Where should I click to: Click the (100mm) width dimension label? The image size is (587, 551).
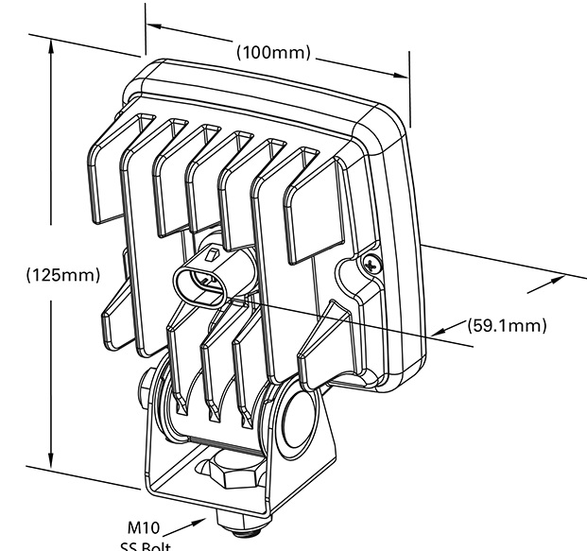coord(274,52)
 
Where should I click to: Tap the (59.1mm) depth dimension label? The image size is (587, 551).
coord(508,326)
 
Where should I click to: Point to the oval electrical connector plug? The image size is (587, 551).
coord(200,280)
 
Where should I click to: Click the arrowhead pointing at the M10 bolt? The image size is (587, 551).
coord(200,520)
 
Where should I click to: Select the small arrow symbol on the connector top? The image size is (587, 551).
coord(214,254)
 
